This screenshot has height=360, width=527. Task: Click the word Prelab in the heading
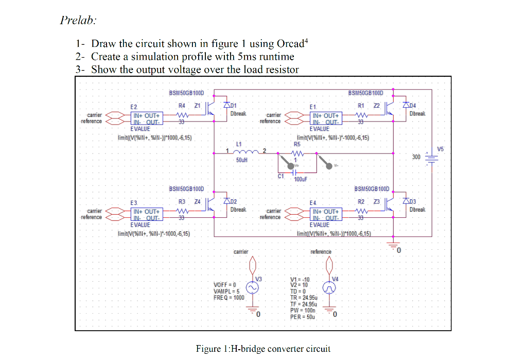78,21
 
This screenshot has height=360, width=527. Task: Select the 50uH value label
241,160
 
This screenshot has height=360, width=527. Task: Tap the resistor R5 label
297,145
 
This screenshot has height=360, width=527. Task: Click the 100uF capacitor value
301,180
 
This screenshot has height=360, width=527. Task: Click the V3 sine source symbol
253,287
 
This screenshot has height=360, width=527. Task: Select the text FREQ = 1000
229,297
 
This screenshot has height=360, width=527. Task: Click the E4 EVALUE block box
326,215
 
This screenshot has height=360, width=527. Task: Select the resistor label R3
182,201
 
